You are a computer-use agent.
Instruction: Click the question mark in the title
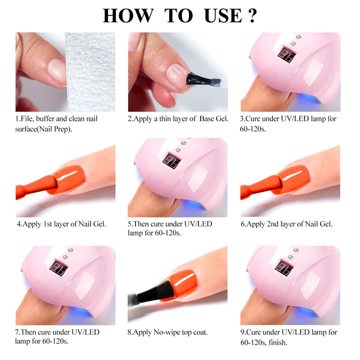pos(251,15)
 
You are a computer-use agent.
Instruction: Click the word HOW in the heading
pos(125,15)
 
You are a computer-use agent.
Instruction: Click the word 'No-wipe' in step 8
pos(172,332)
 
